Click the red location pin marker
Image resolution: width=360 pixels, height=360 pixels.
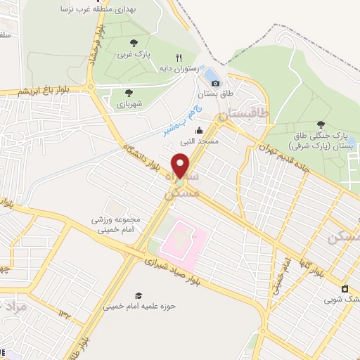(x=181, y=165)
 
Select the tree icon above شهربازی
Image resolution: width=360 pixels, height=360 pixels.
(x=128, y=91)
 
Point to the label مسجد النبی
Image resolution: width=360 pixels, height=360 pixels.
(x=199, y=141)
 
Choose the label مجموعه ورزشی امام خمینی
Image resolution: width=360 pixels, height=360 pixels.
(x=115, y=224)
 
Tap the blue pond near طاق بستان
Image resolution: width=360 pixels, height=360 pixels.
(x=210, y=74)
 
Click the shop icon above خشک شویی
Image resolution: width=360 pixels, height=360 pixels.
(x=345, y=289)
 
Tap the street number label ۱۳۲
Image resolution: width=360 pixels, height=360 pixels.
(x=65, y=314)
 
